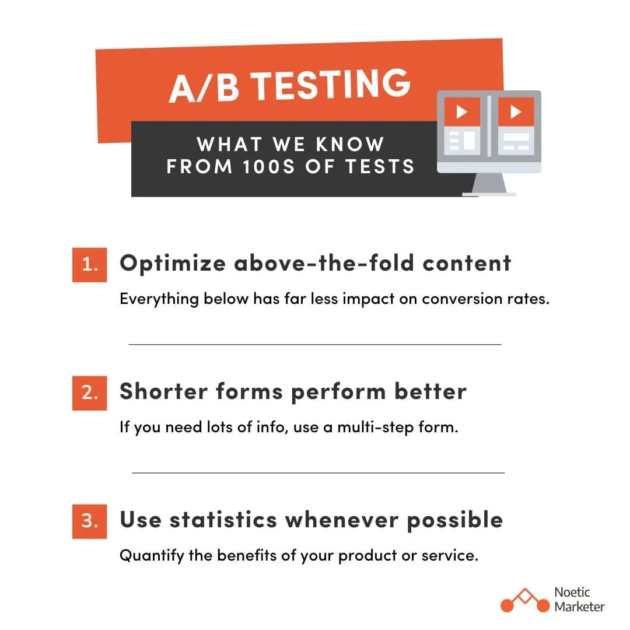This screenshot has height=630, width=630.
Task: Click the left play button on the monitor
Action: [462, 111]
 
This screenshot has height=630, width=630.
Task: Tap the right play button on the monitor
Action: [516, 111]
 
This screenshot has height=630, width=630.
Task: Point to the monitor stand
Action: [489, 185]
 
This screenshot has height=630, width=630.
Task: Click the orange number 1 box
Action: [89, 264]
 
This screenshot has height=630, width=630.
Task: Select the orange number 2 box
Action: [89, 393]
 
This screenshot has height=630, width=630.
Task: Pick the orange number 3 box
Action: [89, 521]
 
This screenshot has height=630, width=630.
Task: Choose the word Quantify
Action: [152, 556]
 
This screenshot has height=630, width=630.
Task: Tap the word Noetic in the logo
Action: [572, 592]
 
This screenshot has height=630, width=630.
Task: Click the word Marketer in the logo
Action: [579, 607]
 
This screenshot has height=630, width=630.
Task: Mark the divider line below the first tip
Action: [315, 345]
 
